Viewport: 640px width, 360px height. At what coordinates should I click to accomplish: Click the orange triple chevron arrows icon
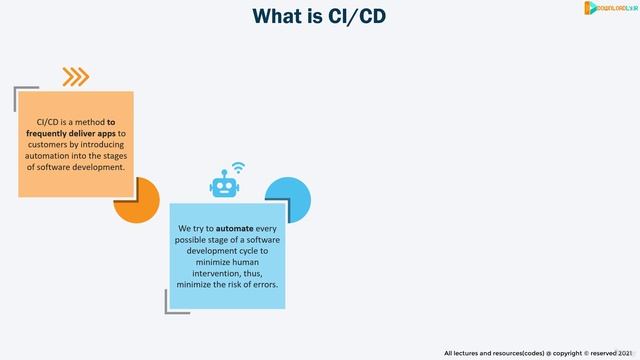(75, 77)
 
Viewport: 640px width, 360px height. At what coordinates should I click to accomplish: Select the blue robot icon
(223, 184)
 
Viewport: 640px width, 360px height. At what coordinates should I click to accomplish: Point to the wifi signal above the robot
(238, 166)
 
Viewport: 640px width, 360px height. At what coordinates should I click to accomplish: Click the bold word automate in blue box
(234, 228)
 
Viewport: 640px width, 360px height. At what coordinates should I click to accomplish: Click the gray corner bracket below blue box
(172, 305)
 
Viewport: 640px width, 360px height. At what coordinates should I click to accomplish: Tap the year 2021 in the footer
(624, 352)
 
